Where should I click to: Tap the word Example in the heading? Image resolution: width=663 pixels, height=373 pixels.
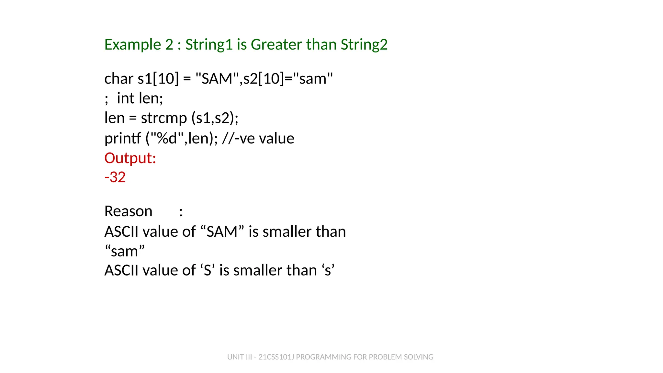pyautogui.click(x=132, y=44)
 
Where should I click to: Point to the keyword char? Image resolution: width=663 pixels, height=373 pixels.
pyautogui.click(x=118, y=79)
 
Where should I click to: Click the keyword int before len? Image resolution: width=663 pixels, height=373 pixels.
pyautogui.click(x=125, y=98)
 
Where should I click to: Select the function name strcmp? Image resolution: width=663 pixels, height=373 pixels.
pyautogui.click(x=164, y=118)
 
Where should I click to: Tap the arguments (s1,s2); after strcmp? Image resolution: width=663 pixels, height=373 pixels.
pyautogui.click(x=215, y=118)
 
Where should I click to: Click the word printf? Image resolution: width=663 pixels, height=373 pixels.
pyautogui.click(x=122, y=138)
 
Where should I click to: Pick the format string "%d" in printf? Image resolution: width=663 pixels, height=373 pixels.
pyautogui.click(x=167, y=138)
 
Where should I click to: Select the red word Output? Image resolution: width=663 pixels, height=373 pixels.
pyautogui.click(x=130, y=158)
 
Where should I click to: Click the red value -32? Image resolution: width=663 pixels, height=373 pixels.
pyautogui.click(x=115, y=177)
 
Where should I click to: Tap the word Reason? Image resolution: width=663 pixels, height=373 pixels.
pyautogui.click(x=128, y=211)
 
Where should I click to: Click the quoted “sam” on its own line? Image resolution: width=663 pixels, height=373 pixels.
pyautogui.click(x=125, y=251)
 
